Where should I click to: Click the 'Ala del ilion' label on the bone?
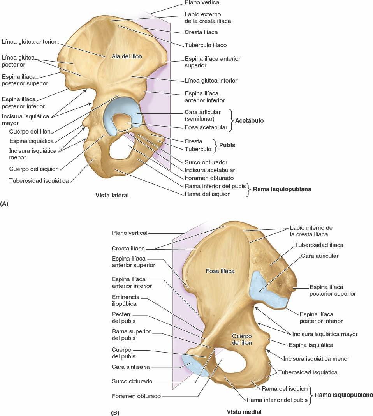(x=127, y=56)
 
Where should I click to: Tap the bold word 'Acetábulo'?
(x=249, y=121)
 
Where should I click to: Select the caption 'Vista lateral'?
(x=112, y=196)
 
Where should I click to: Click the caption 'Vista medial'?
(x=244, y=412)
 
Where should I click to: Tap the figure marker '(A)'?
(x=5, y=203)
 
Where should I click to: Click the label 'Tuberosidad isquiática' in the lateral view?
(x=39, y=181)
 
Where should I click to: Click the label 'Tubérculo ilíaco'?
(x=206, y=45)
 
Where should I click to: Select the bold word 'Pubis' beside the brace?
(x=227, y=145)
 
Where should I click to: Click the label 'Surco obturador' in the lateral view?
(x=206, y=162)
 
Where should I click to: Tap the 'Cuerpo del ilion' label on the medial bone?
(x=242, y=339)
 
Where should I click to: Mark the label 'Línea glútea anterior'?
(x=29, y=41)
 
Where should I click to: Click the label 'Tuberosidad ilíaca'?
(x=319, y=245)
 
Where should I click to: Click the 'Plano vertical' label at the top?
(x=202, y=3)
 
